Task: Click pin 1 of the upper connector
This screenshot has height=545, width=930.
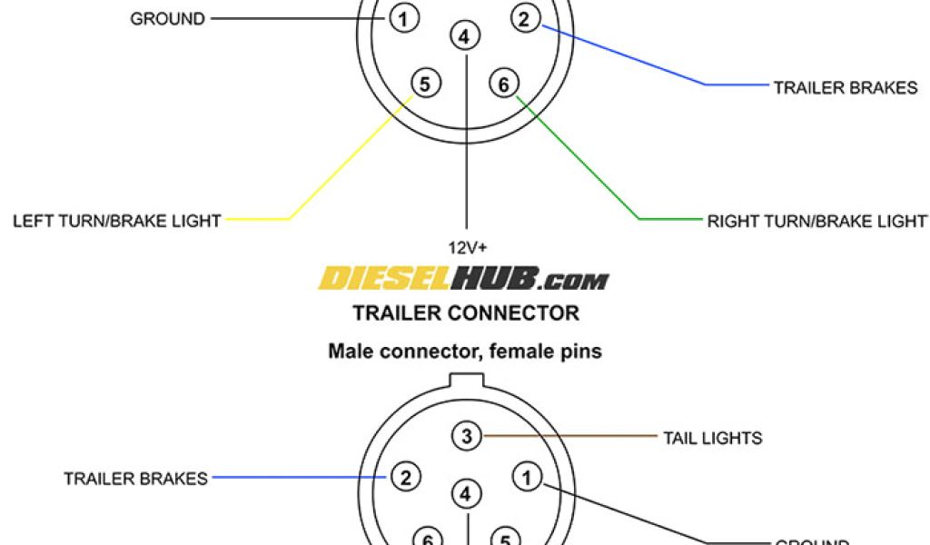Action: (x=403, y=17)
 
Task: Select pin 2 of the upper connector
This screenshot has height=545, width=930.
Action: (x=524, y=17)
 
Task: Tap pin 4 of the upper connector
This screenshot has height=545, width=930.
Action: (x=464, y=37)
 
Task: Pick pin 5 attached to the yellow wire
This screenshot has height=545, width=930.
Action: (x=425, y=84)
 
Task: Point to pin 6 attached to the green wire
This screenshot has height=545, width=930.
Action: (x=503, y=84)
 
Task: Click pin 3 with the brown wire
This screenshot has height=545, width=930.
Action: (x=466, y=437)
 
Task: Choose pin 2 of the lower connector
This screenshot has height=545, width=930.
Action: (x=406, y=477)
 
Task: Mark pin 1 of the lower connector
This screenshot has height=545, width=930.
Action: (x=526, y=476)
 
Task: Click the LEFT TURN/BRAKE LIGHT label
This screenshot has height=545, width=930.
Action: (x=117, y=221)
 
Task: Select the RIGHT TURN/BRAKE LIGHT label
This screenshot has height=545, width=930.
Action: (x=817, y=221)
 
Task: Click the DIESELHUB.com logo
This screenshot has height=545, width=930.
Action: (x=464, y=278)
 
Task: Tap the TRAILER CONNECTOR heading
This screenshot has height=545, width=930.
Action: (x=465, y=313)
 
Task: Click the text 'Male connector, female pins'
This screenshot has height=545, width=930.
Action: (x=465, y=351)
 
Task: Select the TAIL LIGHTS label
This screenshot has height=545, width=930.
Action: (x=712, y=438)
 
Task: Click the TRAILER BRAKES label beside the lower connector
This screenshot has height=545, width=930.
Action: (x=135, y=478)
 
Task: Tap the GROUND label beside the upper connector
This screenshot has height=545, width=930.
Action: (x=168, y=18)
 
